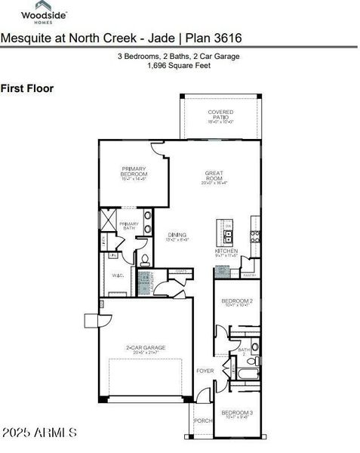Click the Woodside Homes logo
click(x=45, y=15)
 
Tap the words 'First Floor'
click(x=26, y=88)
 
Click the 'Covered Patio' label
click(x=220, y=115)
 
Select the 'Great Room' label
click(x=215, y=176)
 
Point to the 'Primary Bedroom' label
click(x=133, y=171)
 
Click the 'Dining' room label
click(x=177, y=236)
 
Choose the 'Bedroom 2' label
click(x=235, y=303)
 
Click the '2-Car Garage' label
click(x=146, y=350)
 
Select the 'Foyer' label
click(x=204, y=371)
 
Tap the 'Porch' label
click(x=203, y=421)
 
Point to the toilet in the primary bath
click(x=144, y=260)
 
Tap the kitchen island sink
click(x=228, y=226)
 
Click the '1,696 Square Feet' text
click(x=179, y=66)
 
